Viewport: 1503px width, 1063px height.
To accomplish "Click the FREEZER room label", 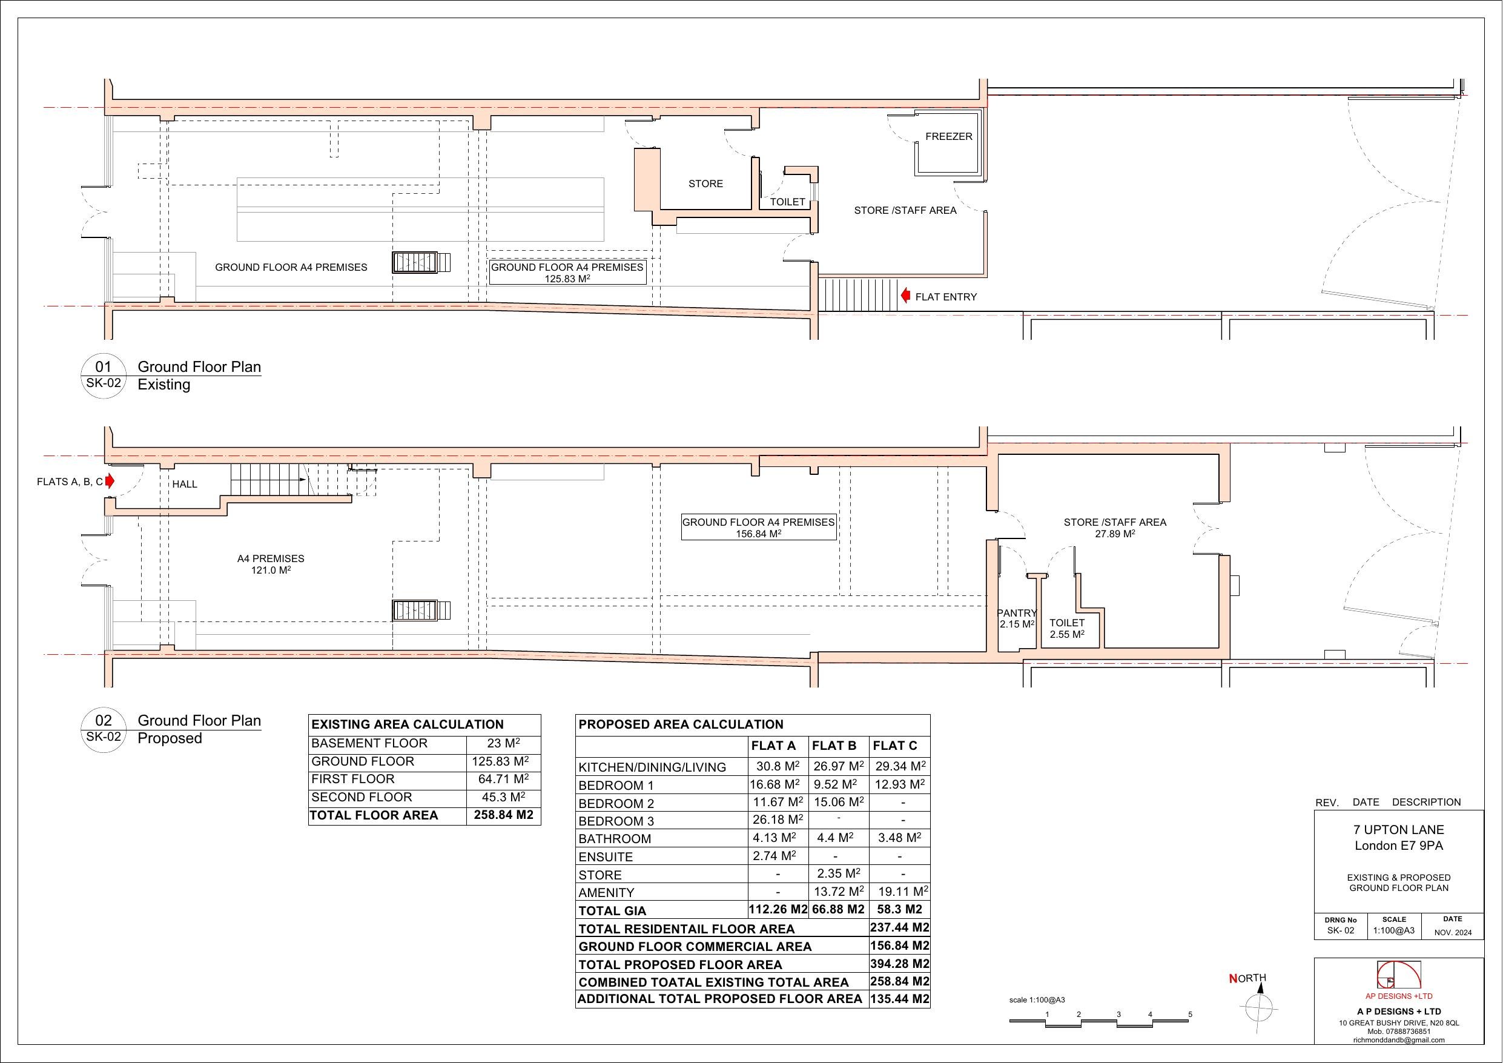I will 948,136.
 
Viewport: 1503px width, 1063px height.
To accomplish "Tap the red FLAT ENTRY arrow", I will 905,296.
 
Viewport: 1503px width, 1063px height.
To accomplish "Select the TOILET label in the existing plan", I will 787,202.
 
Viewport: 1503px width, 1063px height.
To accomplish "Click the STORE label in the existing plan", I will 705,184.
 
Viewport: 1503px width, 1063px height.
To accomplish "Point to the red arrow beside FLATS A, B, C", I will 110,482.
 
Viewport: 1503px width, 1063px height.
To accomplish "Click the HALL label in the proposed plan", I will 185,484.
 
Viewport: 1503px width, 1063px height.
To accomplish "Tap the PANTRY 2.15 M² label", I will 1016,618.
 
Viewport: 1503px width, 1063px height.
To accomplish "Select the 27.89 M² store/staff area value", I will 1115,534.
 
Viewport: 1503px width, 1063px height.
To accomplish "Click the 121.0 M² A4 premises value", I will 270,571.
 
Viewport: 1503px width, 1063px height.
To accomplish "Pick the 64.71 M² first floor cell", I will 503,779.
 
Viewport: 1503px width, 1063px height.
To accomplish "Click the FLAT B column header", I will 833,746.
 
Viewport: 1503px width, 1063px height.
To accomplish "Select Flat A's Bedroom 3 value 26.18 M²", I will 777,820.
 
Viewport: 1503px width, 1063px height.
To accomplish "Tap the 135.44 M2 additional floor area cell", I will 899,999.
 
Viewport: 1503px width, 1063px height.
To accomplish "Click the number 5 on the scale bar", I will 1189,1015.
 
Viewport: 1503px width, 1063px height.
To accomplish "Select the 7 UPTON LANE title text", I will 1398,829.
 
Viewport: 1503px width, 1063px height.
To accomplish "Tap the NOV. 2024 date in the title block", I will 1453,932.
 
